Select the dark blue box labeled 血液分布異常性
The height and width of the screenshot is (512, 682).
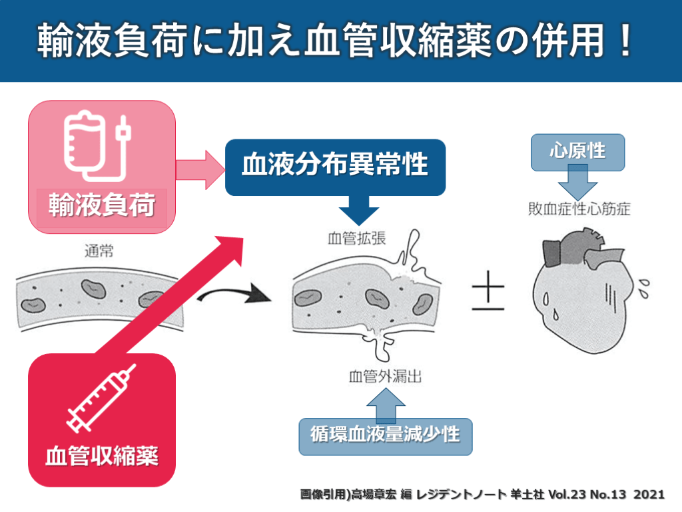click(x=335, y=166)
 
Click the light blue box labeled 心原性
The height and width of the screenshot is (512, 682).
click(x=577, y=151)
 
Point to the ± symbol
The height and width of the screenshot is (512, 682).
click(x=488, y=294)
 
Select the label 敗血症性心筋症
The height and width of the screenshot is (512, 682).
click(x=575, y=209)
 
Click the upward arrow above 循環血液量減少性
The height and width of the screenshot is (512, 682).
click(x=386, y=403)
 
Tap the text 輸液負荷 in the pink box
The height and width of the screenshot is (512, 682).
click(x=101, y=206)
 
